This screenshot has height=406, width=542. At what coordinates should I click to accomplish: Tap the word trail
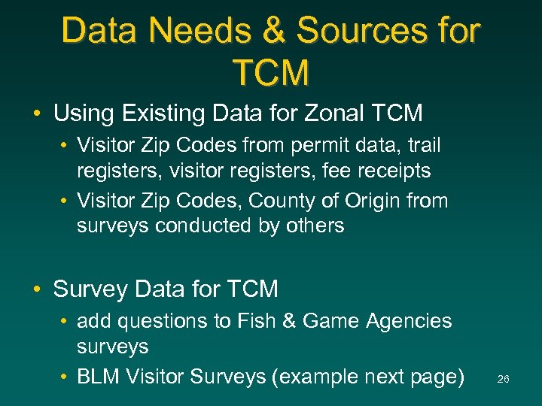click(x=424, y=145)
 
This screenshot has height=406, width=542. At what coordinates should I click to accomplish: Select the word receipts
click(x=393, y=171)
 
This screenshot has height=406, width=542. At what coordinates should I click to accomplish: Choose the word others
click(x=313, y=226)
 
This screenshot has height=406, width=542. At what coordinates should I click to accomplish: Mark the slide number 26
click(x=503, y=380)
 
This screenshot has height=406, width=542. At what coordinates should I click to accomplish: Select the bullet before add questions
click(x=65, y=322)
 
